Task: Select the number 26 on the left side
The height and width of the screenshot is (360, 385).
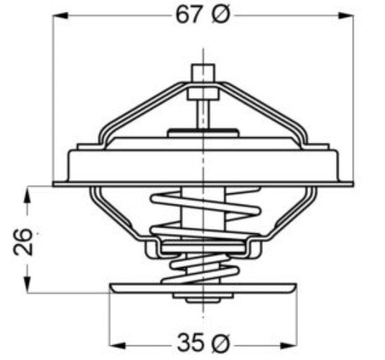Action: (x=23, y=240)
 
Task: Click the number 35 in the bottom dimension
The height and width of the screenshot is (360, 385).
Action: (x=189, y=344)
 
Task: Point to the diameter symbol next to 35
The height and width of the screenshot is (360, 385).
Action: (x=219, y=344)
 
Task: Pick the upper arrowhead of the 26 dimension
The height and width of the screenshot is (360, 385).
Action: (x=27, y=192)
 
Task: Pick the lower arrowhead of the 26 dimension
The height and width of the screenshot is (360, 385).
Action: (x=27, y=288)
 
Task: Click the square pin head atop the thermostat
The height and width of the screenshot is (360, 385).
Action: (x=202, y=73)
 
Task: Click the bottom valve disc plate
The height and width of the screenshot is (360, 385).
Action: (x=203, y=288)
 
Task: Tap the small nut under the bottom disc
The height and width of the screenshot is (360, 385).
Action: (x=203, y=298)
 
